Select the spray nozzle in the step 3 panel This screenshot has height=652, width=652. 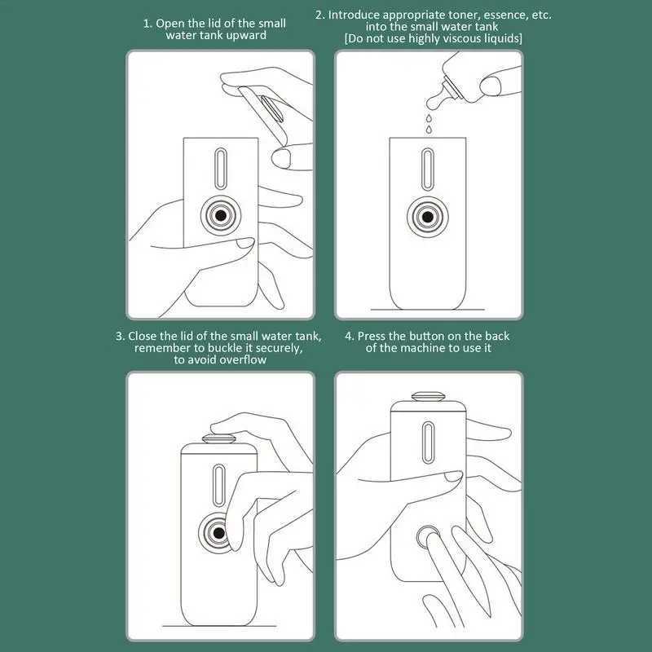[x=219, y=534]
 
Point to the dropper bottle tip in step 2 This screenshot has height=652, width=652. [x=433, y=103]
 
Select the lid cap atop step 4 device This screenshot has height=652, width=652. [x=428, y=397]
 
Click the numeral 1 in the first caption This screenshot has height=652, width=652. [x=147, y=23]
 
